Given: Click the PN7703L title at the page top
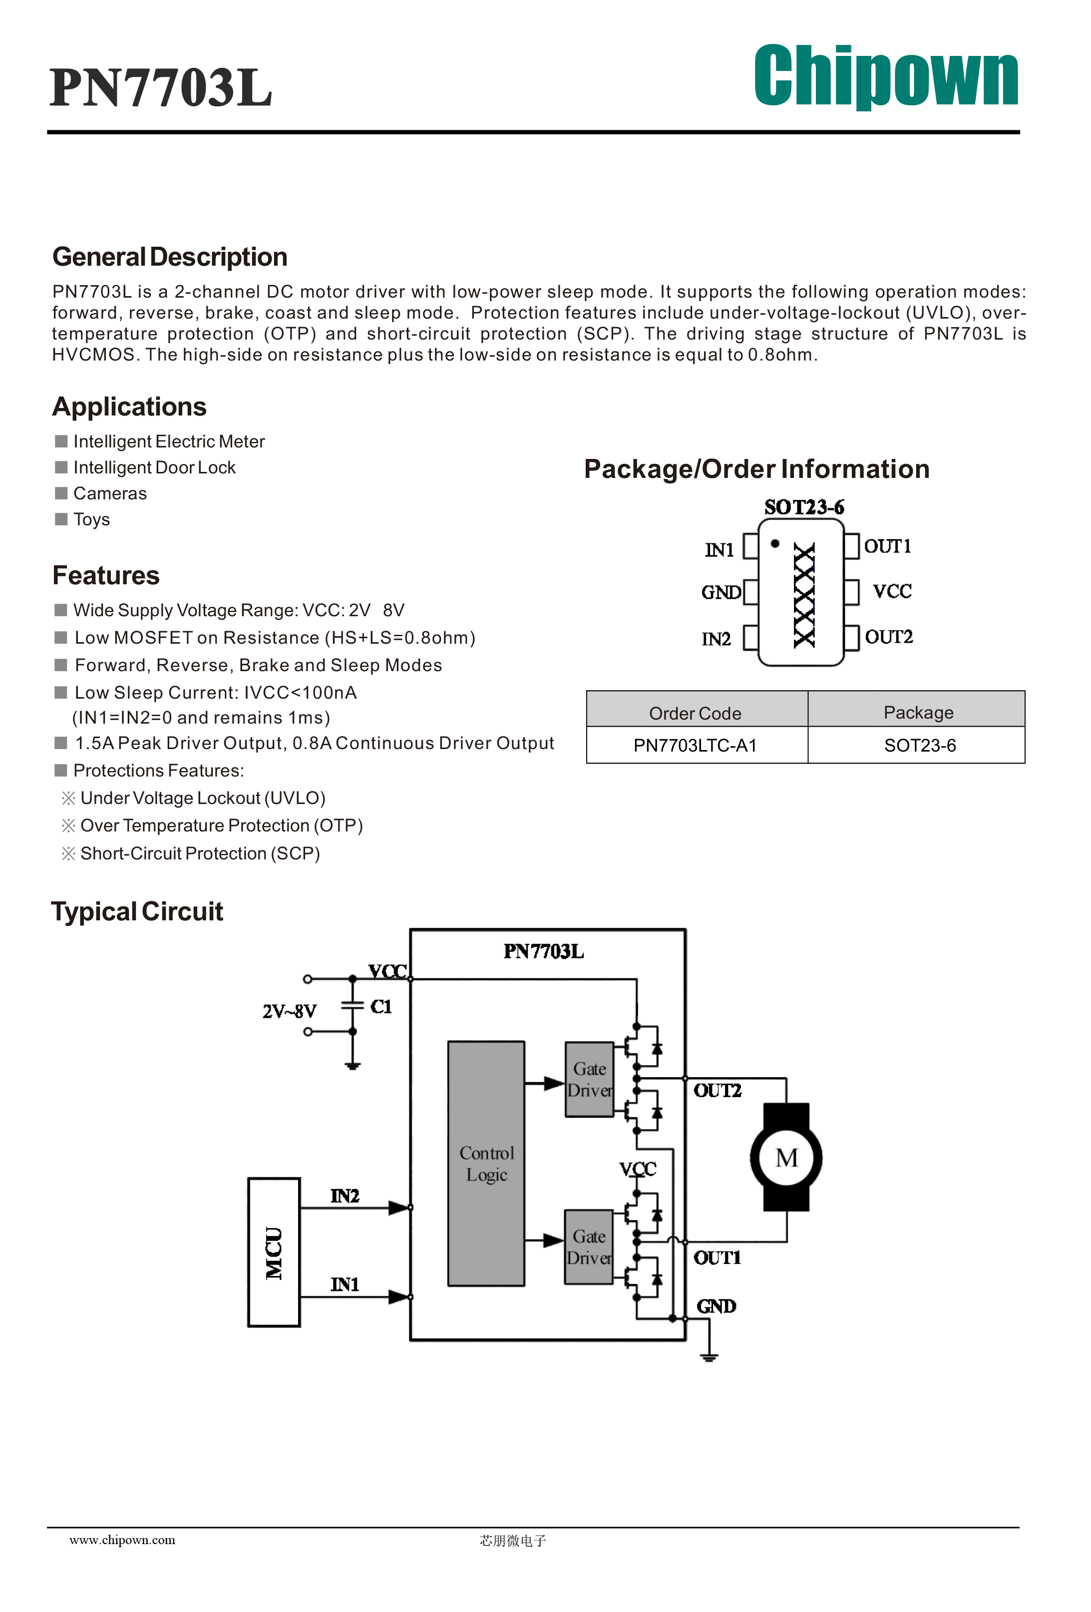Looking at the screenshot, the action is (161, 87).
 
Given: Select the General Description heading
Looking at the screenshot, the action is (170, 257).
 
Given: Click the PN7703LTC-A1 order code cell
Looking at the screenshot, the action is (695, 745).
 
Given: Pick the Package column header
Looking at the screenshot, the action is (918, 712).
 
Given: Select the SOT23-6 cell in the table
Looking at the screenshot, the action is (920, 745).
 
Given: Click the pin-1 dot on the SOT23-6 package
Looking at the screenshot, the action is (775, 544).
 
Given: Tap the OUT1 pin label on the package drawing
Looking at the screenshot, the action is (887, 547).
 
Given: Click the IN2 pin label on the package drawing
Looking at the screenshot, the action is (716, 639).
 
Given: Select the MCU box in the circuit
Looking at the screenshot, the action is (274, 1252).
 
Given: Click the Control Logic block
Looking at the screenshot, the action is (486, 1163).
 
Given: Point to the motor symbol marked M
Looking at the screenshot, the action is (786, 1158).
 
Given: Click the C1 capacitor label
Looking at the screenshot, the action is (381, 1006).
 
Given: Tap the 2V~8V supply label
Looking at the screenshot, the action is (289, 1011).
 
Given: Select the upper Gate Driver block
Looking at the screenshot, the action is (590, 1079).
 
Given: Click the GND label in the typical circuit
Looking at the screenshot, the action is (716, 1306).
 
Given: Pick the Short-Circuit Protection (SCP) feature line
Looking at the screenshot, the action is (191, 853).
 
